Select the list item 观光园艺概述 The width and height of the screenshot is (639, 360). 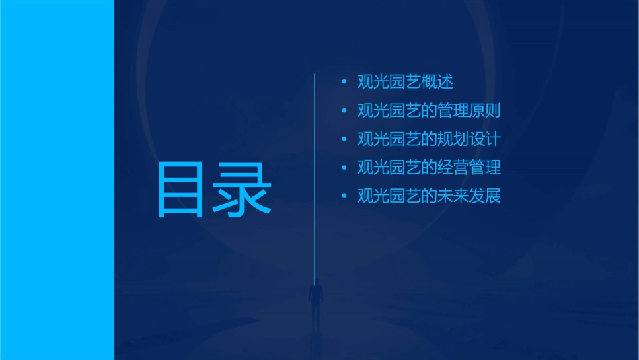pyautogui.click(x=405, y=82)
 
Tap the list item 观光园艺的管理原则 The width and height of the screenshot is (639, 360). pyautogui.click(x=428, y=110)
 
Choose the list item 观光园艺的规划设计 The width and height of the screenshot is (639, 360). pyautogui.click(x=428, y=139)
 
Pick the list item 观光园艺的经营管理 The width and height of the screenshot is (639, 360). pyautogui.click(x=428, y=168)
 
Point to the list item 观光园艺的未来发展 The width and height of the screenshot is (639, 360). pyautogui.click(x=428, y=196)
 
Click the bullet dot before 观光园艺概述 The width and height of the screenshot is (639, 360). pyautogui.click(x=344, y=83)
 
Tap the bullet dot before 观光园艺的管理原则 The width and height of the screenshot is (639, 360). pyautogui.click(x=344, y=111)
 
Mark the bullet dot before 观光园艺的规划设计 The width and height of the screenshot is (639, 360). pyautogui.click(x=344, y=140)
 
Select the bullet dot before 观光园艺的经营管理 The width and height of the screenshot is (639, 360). pyautogui.click(x=344, y=168)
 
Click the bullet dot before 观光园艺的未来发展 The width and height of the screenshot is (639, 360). pyautogui.click(x=344, y=197)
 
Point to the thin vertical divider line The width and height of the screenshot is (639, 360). pyautogui.click(x=315, y=168)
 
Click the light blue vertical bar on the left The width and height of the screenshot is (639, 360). pyautogui.click(x=57, y=180)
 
